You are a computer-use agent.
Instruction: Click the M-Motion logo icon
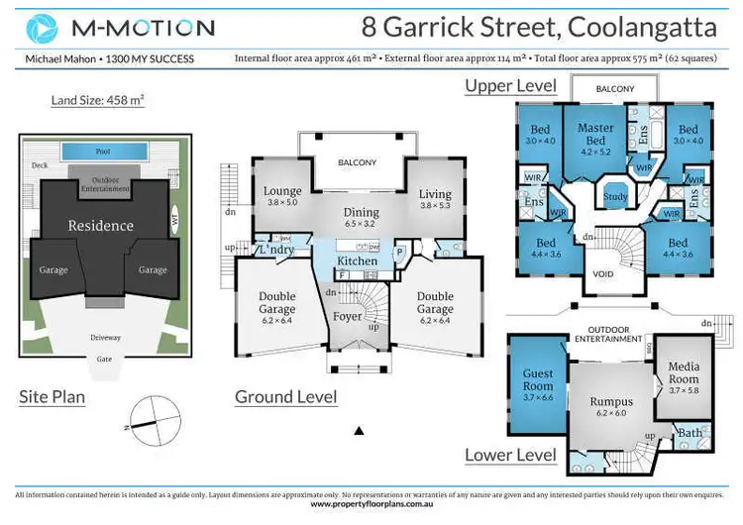[x=43, y=28]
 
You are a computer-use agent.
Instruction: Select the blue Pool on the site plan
[x=102, y=153]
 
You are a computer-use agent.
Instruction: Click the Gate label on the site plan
[x=102, y=360]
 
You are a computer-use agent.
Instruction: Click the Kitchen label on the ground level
[x=357, y=262]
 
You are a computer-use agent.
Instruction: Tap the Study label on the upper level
[x=616, y=197]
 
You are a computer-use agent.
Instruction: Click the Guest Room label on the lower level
[x=538, y=378]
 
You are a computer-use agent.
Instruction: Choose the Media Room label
[x=683, y=372]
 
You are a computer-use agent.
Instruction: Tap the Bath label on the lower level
[x=689, y=434]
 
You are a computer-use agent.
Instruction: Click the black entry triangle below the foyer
[x=359, y=430]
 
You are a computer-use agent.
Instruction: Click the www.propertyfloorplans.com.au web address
[x=371, y=504]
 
